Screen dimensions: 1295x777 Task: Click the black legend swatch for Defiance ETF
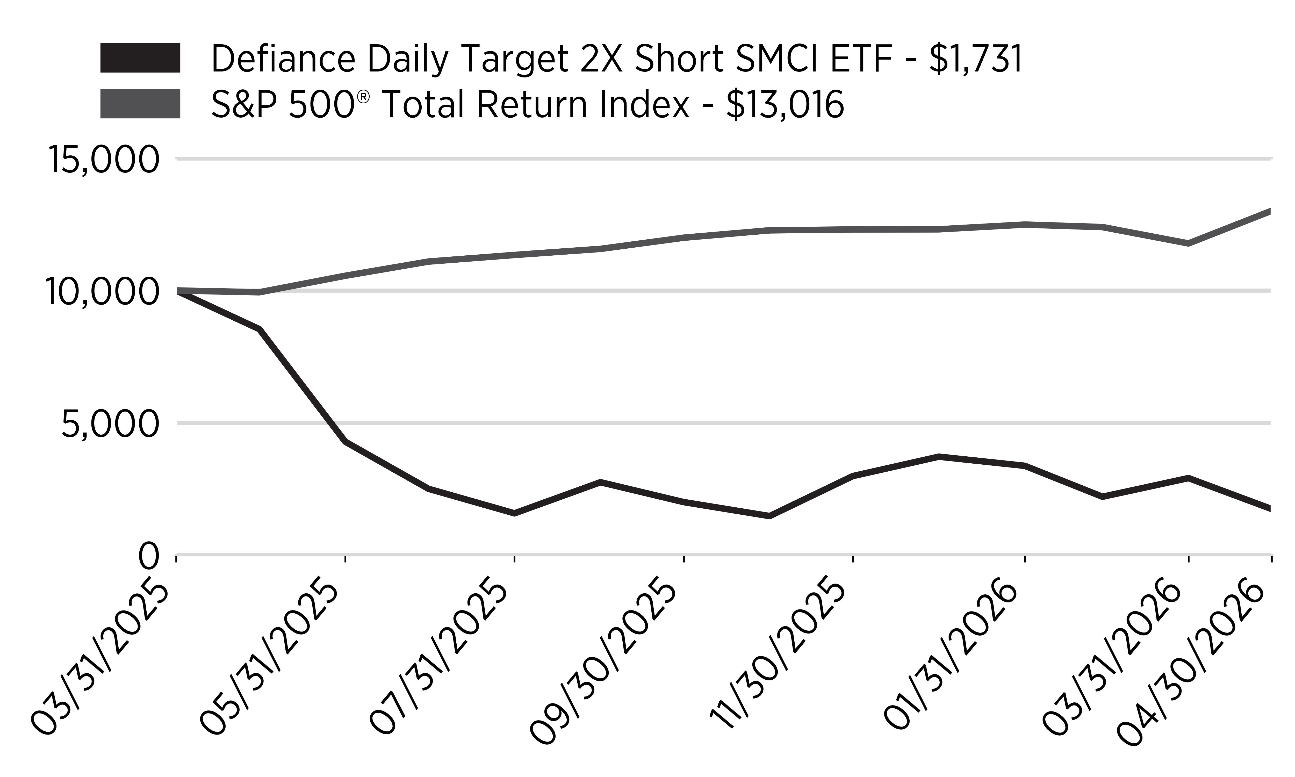(140, 58)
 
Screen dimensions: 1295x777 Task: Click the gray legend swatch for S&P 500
(140, 104)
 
